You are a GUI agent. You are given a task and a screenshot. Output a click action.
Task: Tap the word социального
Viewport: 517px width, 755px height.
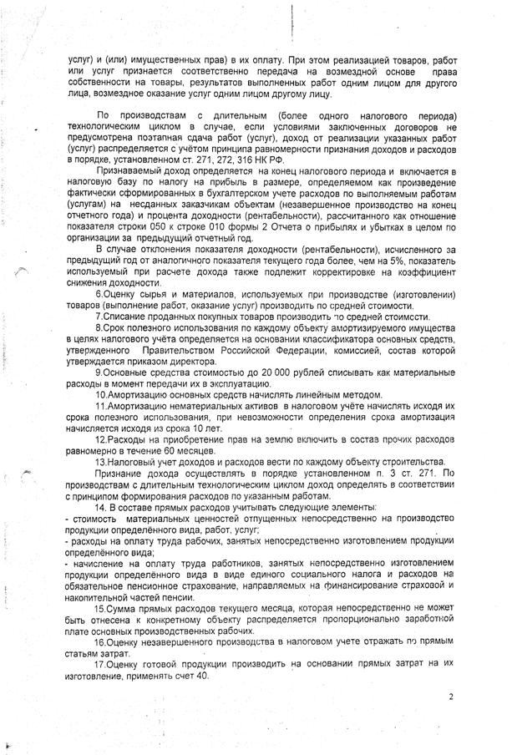tap(273, 574)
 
